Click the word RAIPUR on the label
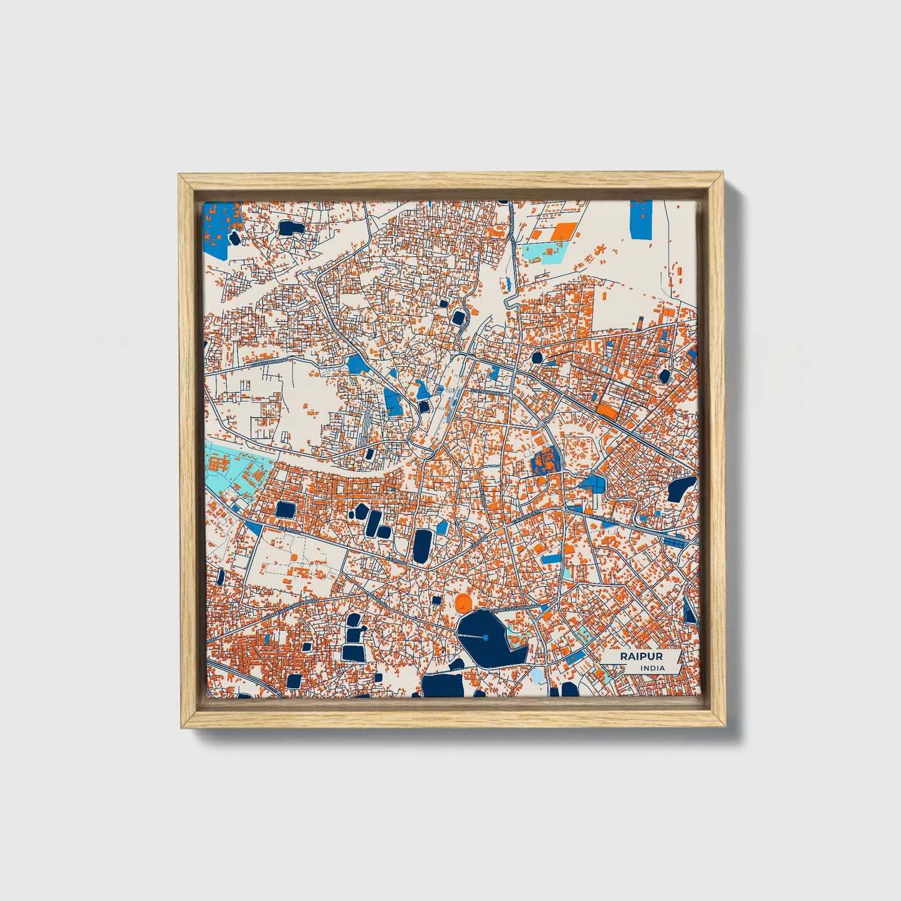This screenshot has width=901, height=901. (x=640, y=657)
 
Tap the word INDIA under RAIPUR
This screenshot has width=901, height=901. (x=652, y=668)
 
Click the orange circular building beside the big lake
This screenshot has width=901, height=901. (x=463, y=602)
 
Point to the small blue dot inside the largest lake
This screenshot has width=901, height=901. (x=485, y=637)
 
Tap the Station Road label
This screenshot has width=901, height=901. (x=486, y=392)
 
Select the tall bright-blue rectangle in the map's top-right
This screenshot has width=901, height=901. (x=640, y=219)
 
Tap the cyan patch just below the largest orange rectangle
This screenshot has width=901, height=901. (x=547, y=252)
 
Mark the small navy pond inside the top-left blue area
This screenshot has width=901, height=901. (x=234, y=238)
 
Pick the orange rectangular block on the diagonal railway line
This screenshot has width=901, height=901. (x=608, y=412)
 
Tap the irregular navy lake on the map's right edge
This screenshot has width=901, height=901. (x=680, y=488)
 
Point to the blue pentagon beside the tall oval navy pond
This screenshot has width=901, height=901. (x=442, y=528)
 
